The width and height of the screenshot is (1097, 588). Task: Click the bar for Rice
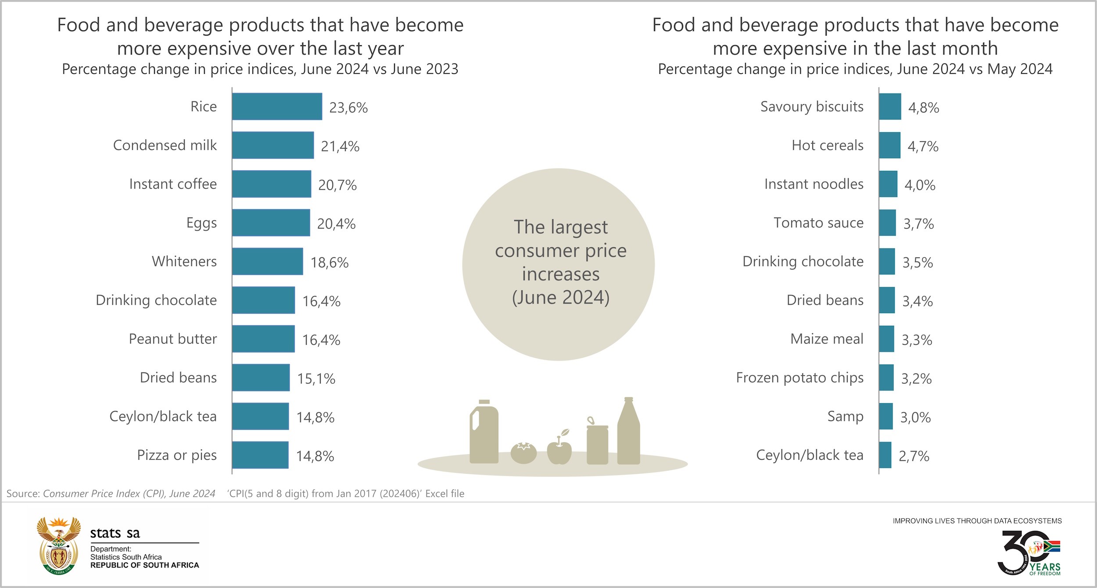coord(277,107)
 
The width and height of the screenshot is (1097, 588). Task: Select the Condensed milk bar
coord(273,145)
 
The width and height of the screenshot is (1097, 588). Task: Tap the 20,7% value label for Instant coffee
coord(337,185)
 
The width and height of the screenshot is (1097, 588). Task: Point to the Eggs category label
coord(201,223)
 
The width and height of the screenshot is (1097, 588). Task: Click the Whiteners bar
coord(267,262)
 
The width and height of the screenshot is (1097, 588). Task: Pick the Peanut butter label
coord(172,339)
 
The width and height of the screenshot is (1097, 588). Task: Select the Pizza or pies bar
coord(260,455)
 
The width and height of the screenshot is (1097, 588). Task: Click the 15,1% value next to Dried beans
coord(316,379)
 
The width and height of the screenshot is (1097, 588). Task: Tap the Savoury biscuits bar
coord(890,107)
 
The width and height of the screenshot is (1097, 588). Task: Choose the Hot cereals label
coord(827,145)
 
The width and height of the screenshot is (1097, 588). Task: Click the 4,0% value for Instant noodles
coord(920,185)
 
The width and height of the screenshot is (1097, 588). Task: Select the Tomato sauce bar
coord(887,223)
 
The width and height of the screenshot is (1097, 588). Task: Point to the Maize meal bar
coord(886,339)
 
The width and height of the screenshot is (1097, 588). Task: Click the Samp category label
coord(845,416)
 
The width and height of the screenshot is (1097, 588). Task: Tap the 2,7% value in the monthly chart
coord(914,456)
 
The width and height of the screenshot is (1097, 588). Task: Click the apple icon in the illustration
coord(559,450)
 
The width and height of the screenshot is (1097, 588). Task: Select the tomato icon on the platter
coord(523,453)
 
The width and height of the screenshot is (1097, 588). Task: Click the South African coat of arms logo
coord(59,546)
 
